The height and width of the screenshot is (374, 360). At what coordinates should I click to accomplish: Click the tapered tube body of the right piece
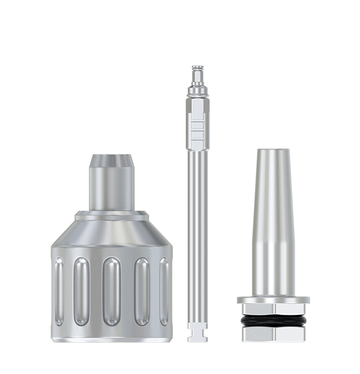click(x=273, y=224)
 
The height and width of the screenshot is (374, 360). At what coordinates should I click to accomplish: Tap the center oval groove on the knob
click(x=111, y=291)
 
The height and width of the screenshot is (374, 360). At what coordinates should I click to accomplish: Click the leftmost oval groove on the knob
click(x=59, y=291)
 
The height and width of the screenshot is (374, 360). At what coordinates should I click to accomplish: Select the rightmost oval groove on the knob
click(x=164, y=291)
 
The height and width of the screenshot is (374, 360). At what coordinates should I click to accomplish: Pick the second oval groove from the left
click(x=82, y=291)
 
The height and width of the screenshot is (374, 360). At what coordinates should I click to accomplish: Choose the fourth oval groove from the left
click(x=141, y=291)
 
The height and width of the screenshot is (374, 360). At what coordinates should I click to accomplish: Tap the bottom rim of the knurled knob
click(x=111, y=337)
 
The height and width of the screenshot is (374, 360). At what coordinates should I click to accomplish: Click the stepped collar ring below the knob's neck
click(x=111, y=216)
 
